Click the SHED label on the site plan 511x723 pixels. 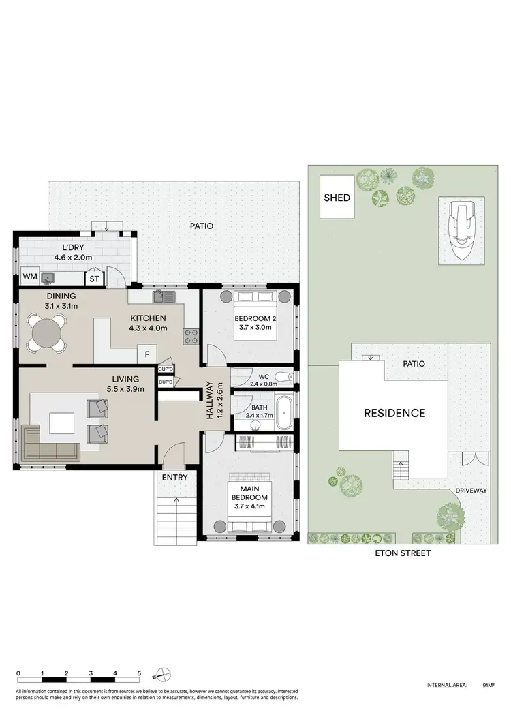coord(337,198)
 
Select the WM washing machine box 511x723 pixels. coord(29,277)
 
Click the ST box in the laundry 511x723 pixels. coord(93,278)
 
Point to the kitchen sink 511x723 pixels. coord(164,296)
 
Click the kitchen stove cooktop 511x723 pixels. coord(190,336)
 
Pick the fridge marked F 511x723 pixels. coord(146,354)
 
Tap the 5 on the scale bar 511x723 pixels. coord(140,673)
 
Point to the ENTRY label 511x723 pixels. coord(174,477)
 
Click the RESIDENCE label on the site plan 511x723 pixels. coord(394,413)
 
